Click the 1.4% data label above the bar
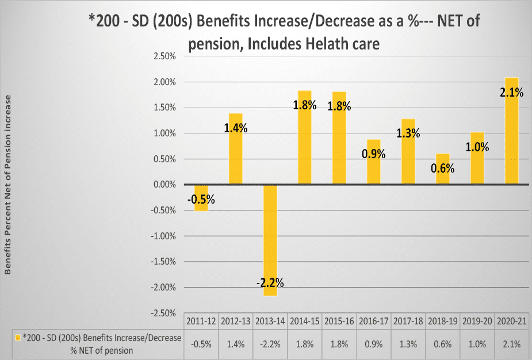tap(236, 128)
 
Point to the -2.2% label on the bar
tap(270, 282)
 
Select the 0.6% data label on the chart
tap(443, 168)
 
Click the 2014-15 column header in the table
tap(305, 320)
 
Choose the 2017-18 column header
tap(408, 320)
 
